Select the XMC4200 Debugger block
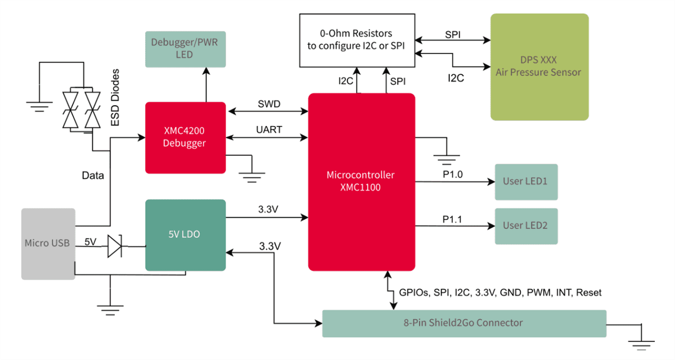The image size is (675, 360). click(x=186, y=138)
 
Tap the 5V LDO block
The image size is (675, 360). click(x=186, y=235)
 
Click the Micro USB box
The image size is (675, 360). click(x=48, y=244)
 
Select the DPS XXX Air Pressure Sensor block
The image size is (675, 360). click(x=539, y=67)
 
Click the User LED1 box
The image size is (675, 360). click(x=526, y=182)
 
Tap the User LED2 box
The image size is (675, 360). click(x=526, y=226)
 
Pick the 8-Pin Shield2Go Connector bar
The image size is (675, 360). click(x=464, y=323)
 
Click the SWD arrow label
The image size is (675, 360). click(x=269, y=104)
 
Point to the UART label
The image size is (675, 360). click(x=269, y=129)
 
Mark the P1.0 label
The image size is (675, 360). click(x=452, y=175)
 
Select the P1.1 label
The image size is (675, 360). click(x=452, y=219)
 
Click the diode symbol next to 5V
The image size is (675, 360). click(x=115, y=246)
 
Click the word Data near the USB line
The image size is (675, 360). click(x=93, y=175)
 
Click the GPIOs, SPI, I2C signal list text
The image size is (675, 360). click(x=500, y=292)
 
